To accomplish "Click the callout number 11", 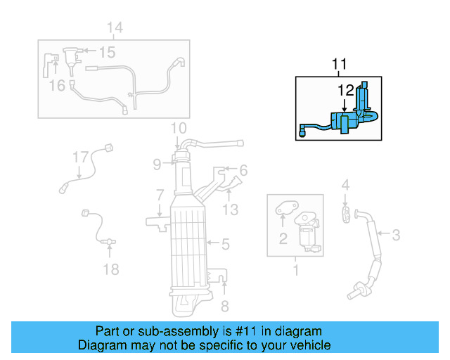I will click(339, 65).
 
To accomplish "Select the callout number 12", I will click(345, 90).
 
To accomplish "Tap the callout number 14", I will click(114, 27).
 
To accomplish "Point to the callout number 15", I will click(106, 52).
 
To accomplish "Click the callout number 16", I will click(57, 85).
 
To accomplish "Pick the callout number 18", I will click(111, 269).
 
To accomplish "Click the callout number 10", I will click(178, 128).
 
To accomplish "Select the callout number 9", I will click(158, 165).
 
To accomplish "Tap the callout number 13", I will click(231, 210).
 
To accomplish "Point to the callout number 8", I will click(225, 305).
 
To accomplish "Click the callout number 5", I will click(225, 245).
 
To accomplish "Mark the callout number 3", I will click(396, 235).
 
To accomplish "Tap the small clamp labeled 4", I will click(346, 213).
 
